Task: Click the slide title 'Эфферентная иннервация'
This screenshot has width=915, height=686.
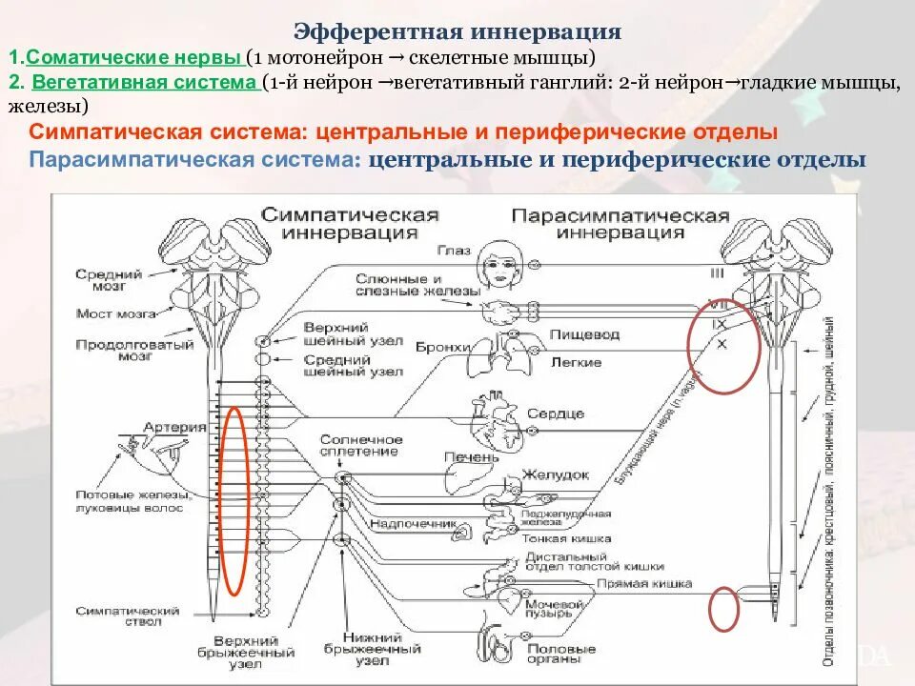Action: [x=457, y=32]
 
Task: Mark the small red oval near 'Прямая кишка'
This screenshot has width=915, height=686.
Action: [x=724, y=608]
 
